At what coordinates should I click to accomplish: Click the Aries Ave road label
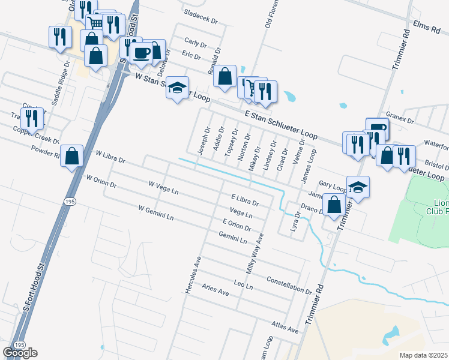pos(215,290)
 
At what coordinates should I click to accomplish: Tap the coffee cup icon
pos(142,53)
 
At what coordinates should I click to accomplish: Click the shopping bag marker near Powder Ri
pos(72,157)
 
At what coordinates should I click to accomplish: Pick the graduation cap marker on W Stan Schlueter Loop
pos(177,88)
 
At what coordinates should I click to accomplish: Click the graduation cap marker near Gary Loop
pos(358,187)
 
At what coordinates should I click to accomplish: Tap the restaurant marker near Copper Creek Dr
pos(32,118)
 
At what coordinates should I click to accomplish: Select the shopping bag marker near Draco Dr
pos(334,204)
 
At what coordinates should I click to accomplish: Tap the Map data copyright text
pos(424,355)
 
